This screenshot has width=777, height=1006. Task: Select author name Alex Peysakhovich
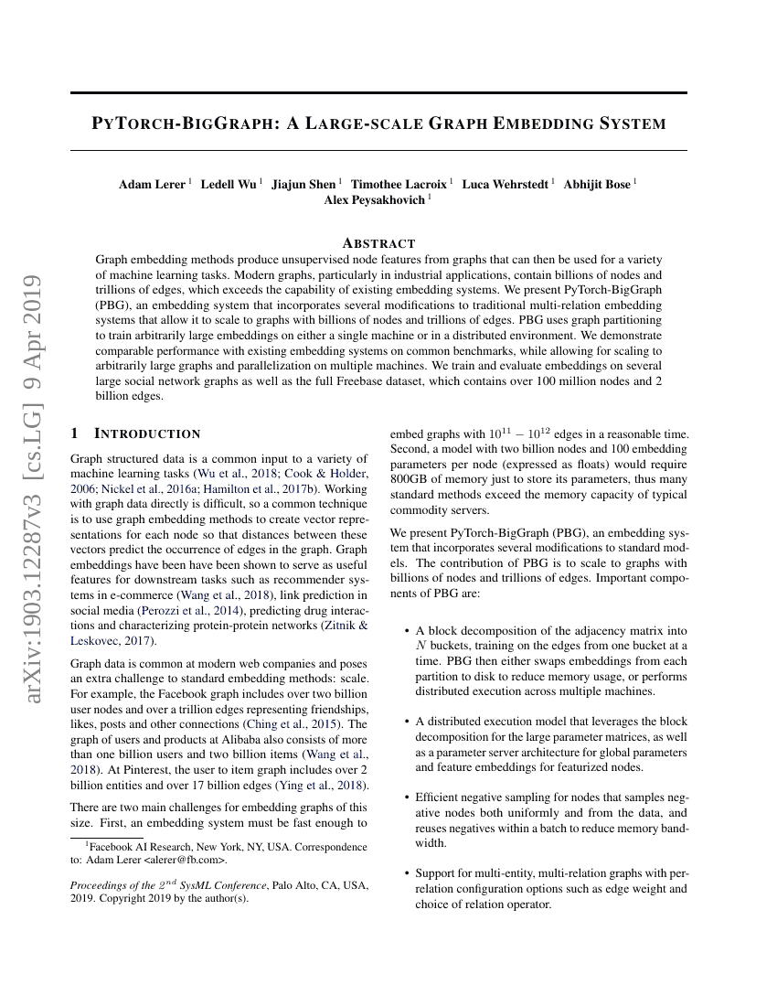click(375, 200)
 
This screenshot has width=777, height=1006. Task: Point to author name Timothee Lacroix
click(399, 185)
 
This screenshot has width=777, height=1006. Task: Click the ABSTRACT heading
click(378, 243)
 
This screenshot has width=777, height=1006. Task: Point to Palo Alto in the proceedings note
click(303, 885)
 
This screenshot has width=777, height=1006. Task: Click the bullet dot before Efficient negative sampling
click(406, 798)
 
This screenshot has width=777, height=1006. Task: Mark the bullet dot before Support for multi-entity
click(406, 873)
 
